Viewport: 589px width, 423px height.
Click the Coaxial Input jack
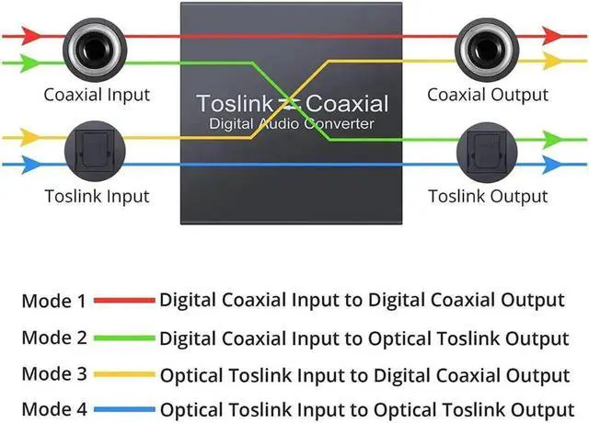91,49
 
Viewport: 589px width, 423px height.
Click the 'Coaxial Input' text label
97,95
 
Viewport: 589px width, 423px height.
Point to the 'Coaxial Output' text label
488,95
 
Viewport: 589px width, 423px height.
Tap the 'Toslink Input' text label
97,196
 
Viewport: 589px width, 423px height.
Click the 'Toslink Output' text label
488,196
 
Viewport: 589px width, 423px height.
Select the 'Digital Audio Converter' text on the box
292,122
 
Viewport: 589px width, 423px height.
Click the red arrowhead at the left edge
30,36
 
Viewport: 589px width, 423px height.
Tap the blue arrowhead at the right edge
553,165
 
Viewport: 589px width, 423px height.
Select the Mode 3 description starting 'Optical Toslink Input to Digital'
365,375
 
